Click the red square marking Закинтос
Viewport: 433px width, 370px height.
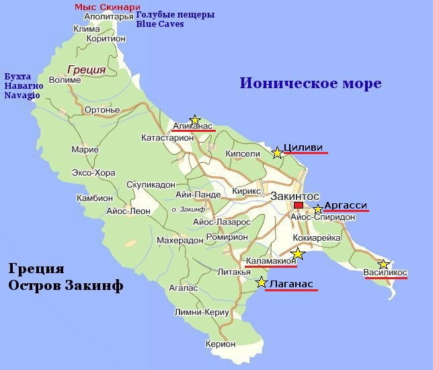click(299, 206)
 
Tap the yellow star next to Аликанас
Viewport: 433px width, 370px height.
click(195, 120)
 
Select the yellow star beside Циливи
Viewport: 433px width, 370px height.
click(277, 153)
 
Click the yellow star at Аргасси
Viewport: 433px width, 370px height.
click(318, 209)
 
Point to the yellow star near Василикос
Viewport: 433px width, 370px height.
click(383, 264)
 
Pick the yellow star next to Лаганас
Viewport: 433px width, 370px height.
click(262, 282)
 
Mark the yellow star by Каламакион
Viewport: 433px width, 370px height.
click(298, 254)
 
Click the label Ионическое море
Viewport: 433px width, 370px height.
click(311, 83)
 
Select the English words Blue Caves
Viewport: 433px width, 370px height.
click(159, 24)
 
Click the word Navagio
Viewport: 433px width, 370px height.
click(22, 96)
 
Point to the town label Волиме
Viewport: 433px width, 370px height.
click(65, 80)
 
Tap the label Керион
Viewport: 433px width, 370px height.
click(221, 344)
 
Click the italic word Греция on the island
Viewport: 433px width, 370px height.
click(87, 69)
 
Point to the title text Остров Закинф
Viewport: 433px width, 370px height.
click(66, 286)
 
